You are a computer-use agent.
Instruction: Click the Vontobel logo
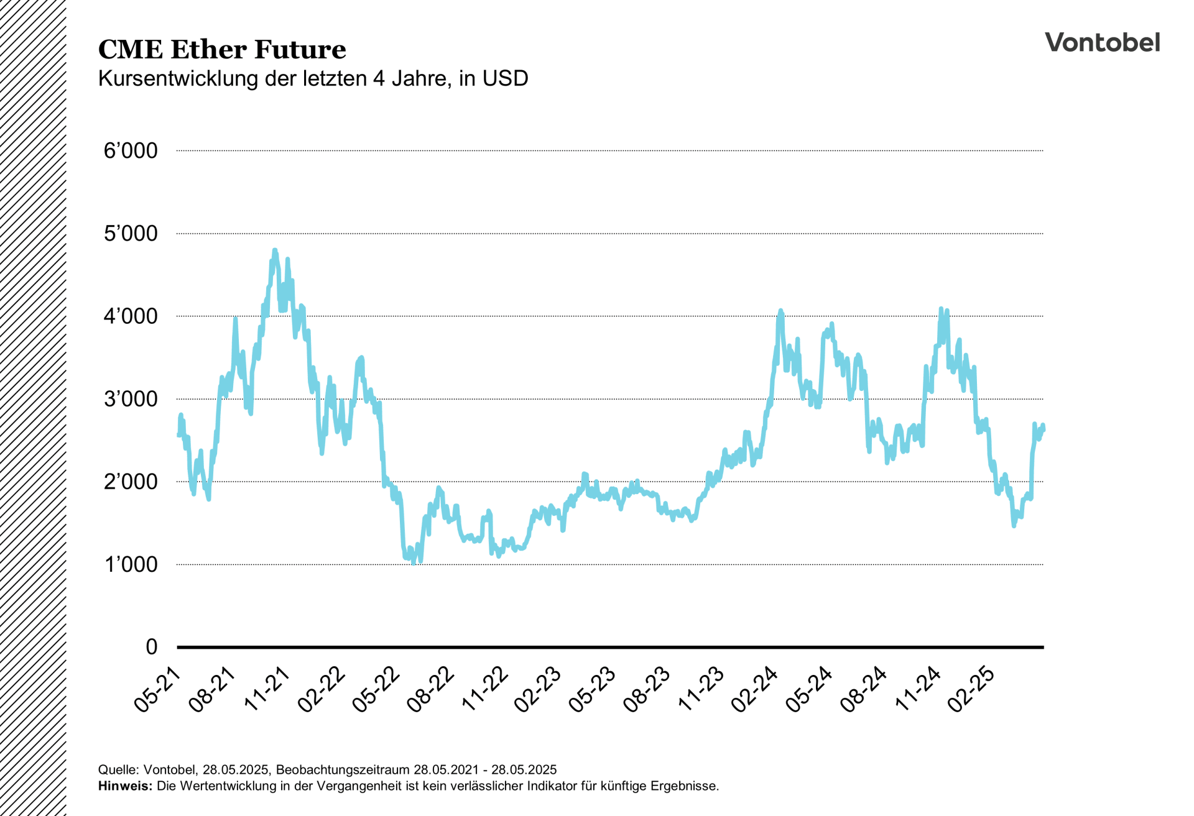[x=1102, y=42]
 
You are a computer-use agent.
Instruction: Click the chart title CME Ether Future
[x=222, y=50]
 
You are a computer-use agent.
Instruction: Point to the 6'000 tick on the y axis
[x=131, y=151]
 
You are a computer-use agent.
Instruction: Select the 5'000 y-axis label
[x=131, y=234]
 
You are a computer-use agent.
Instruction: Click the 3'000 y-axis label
[x=131, y=399]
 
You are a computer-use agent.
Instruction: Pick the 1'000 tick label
[x=131, y=564]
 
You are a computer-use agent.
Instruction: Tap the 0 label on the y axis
[x=152, y=647]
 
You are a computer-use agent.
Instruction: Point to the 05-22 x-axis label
[x=376, y=689]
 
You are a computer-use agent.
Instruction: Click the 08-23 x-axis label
[x=647, y=689]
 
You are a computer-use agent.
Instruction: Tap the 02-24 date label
[x=755, y=689]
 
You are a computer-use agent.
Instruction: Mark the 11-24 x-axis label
[x=918, y=689]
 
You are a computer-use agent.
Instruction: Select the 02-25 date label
[x=971, y=689]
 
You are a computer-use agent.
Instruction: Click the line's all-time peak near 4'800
[x=275, y=250]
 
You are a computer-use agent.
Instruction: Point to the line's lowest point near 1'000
[x=414, y=562]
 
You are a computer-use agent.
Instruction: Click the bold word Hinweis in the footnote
[x=124, y=786]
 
